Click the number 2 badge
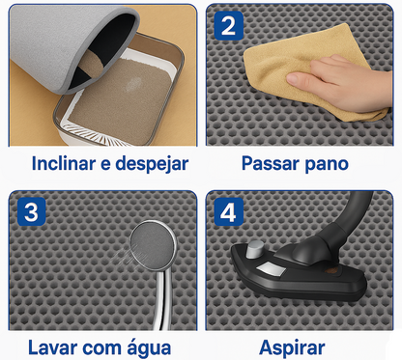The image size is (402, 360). [x=228, y=26]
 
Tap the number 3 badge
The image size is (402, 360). [x=31, y=211]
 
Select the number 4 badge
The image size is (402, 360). [x=228, y=211]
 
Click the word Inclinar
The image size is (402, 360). [x=62, y=163]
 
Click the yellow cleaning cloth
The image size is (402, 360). [x=281, y=69]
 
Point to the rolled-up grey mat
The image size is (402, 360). [x=48, y=48]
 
